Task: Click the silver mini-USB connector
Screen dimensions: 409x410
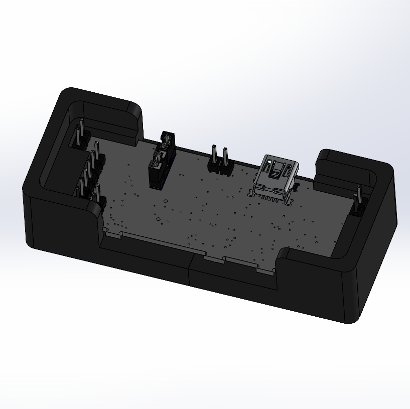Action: pyautogui.click(x=277, y=178)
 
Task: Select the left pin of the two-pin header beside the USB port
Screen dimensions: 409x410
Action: pyautogui.click(x=214, y=156)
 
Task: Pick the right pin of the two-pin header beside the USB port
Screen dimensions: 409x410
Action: pyautogui.click(x=225, y=158)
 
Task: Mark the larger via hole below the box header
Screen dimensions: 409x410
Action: pyautogui.click(x=159, y=219)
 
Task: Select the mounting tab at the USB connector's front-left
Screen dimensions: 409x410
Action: pyautogui.click(x=254, y=193)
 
